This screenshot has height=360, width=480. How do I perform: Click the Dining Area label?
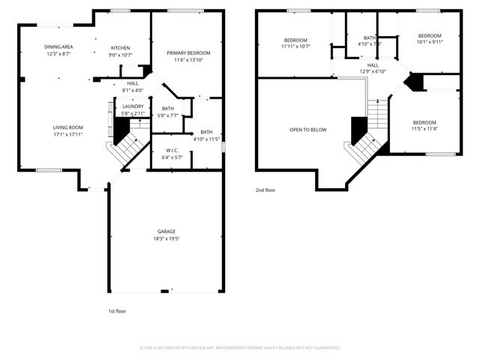57,46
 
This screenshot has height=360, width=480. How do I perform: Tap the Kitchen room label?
121,47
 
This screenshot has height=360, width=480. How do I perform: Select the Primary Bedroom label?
188,52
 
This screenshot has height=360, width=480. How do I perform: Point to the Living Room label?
67,127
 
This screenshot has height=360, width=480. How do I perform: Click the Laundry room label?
133,106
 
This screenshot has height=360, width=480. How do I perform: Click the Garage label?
166,231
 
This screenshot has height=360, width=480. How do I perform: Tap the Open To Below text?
308,130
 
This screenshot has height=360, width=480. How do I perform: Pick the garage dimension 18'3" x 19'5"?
166,238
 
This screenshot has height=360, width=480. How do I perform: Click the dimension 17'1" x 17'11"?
67,135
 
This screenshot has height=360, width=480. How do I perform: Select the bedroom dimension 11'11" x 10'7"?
295,46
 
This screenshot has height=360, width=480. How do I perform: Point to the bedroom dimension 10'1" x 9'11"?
430,43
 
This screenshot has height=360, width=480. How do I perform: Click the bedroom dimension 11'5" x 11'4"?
424,129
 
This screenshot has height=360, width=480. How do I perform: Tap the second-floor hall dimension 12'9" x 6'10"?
373,72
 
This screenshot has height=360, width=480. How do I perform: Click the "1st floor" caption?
117,310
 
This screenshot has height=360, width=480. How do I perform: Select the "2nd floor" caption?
265,190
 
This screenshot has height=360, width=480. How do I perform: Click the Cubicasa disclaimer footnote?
240,348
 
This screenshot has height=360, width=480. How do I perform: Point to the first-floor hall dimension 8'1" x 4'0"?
133,90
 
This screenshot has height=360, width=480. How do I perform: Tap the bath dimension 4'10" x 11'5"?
206,139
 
